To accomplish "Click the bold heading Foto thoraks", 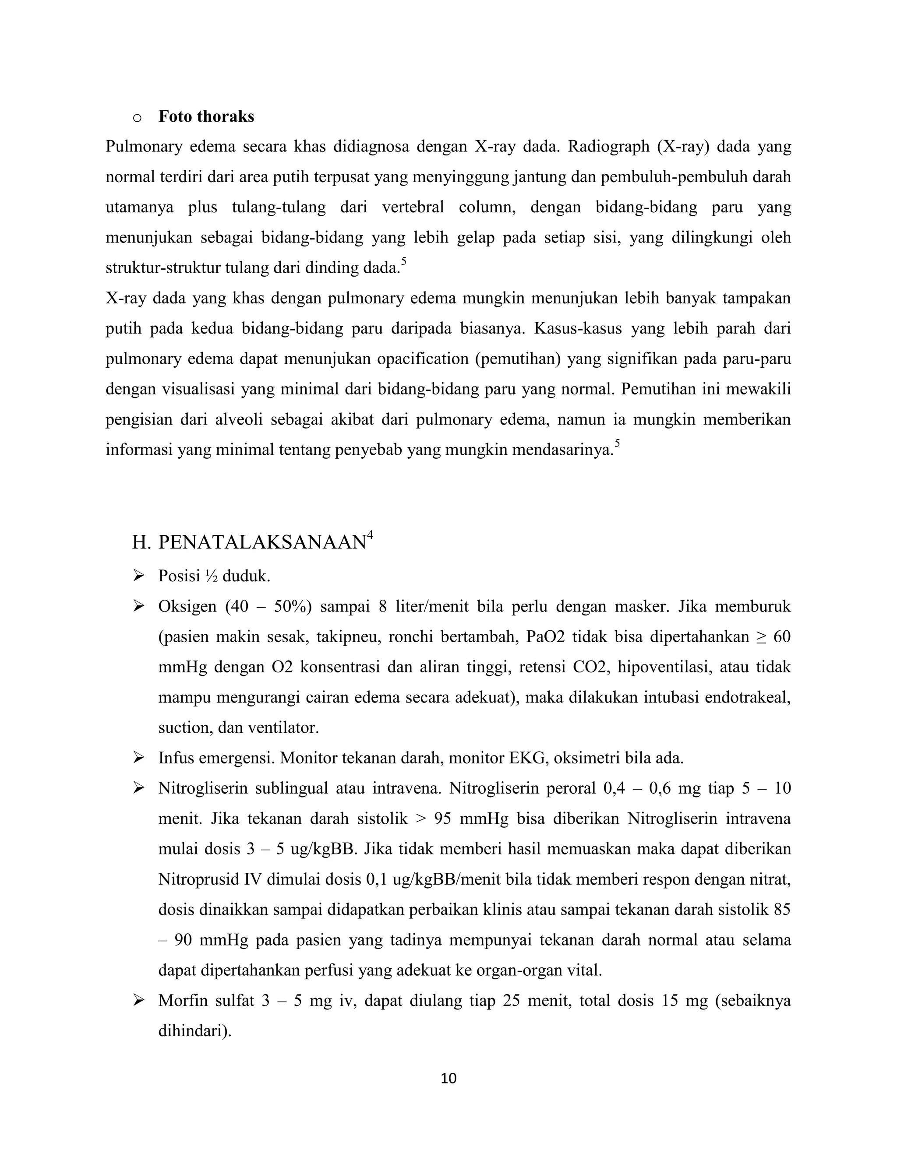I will [206, 116].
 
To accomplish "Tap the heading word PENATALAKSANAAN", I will [262, 542].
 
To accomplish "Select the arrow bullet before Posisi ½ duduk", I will [139, 576].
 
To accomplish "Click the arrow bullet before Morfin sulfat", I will [139, 1001].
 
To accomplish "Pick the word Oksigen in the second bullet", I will [187, 607].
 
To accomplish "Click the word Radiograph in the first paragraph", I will [608, 147].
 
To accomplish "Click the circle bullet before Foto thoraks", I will [137, 118].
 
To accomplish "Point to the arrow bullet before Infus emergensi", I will [139, 758].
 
